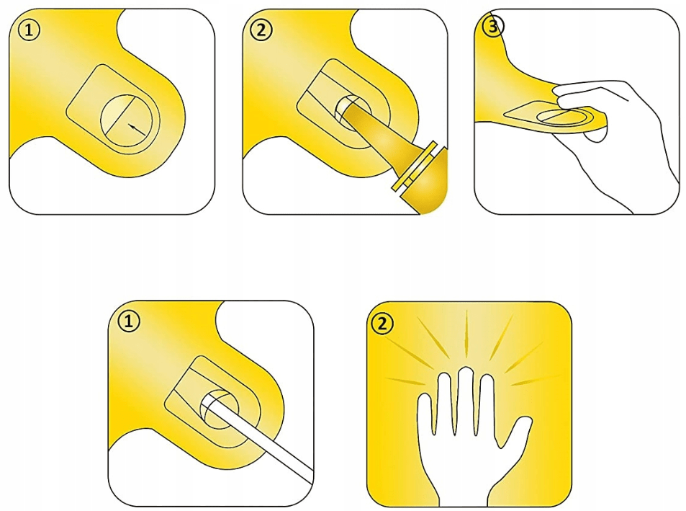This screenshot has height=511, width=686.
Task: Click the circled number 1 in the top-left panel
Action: click(x=30, y=31)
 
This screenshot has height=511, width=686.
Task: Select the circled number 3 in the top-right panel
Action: click(x=493, y=27)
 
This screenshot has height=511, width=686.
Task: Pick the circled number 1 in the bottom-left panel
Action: click(x=129, y=322)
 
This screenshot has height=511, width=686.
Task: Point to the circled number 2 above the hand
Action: click(x=382, y=324)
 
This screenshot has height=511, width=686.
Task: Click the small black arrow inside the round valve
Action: click(x=137, y=128)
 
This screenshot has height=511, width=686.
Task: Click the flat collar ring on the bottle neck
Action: click(x=414, y=165)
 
